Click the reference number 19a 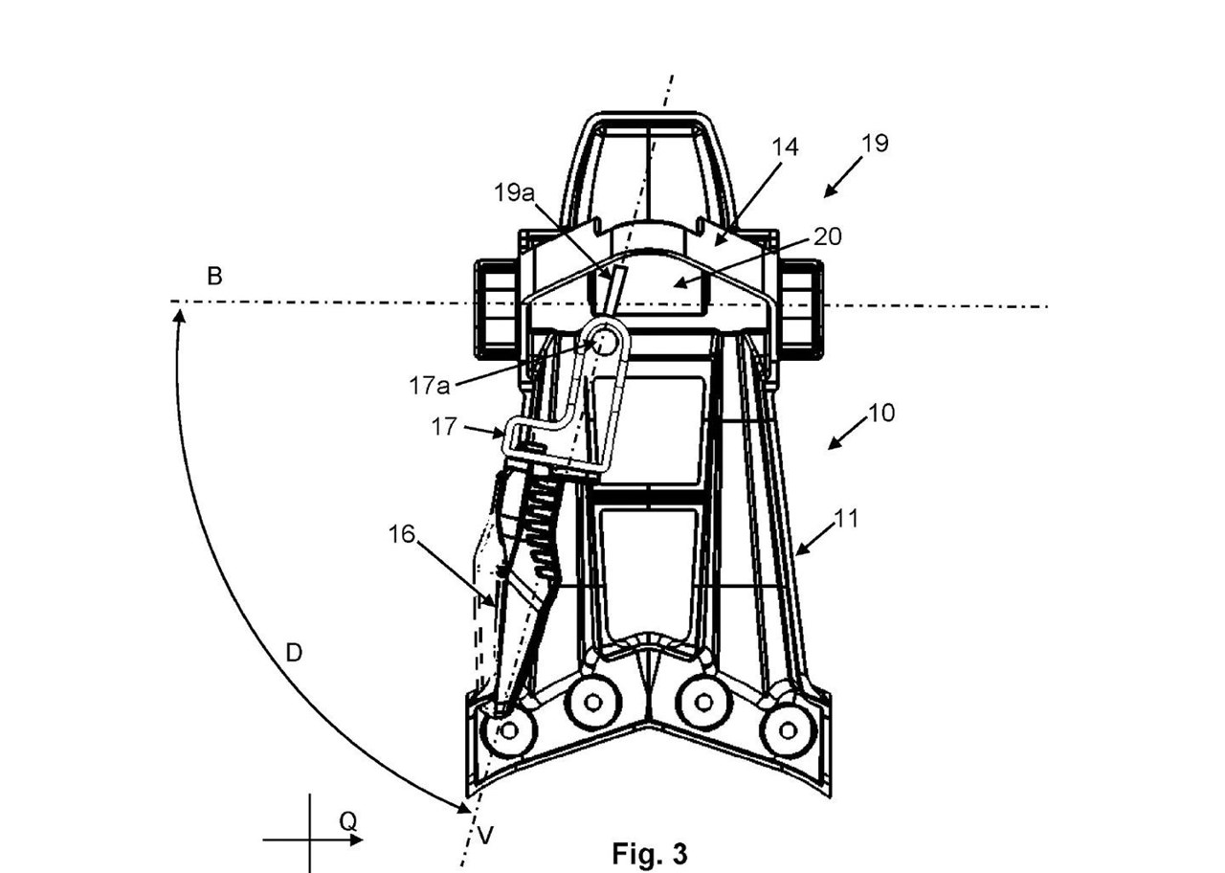click(x=514, y=192)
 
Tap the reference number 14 click(x=785, y=147)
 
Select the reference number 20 click(x=827, y=235)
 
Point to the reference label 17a click(x=429, y=386)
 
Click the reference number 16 click(x=402, y=534)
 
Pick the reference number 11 click(x=846, y=519)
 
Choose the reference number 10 click(x=880, y=414)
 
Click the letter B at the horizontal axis click(x=215, y=277)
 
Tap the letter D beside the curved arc click(x=294, y=653)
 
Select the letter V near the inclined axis click(x=485, y=836)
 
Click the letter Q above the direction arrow click(x=347, y=820)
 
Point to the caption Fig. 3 click(x=649, y=854)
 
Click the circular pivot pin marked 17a click(x=604, y=340)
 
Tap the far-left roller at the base click(x=509, y=731)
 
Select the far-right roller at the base click(x=788, y=731)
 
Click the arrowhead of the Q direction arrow click(x=357, y=840)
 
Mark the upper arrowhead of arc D click(x=178, y=312)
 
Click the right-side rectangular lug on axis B click(x=802, y=306)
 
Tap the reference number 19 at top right click(x=875, y=144)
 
